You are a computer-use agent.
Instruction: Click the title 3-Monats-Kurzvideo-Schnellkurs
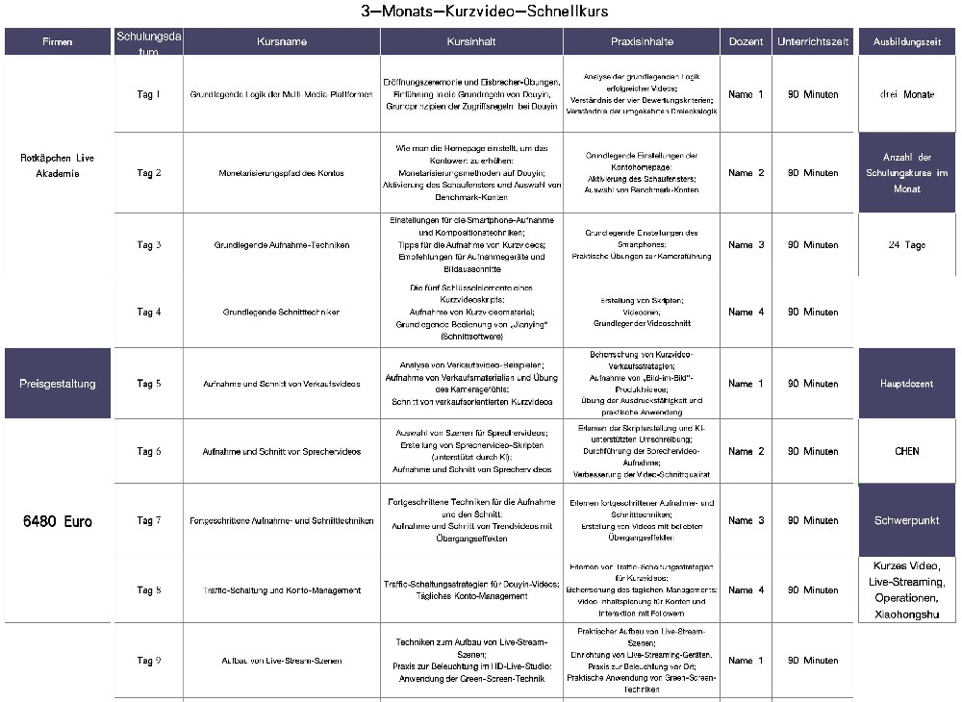pos(484,12)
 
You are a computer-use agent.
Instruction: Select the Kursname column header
pos(281,42)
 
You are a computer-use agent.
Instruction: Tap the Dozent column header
pos(746,42)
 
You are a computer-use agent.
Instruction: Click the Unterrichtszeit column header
pos(813,42)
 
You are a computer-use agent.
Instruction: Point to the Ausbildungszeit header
pos(906,42)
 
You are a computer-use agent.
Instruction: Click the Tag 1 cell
pos(148,94)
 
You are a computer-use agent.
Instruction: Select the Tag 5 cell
pos(148,384)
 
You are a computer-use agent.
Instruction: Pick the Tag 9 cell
pos(148,661)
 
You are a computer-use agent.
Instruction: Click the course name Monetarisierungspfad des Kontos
pos(281,173)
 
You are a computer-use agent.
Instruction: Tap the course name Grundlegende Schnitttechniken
pos(281,313)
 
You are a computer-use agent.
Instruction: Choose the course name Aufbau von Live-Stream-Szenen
pos(281,661)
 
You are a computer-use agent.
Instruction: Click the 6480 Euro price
pos(58,522)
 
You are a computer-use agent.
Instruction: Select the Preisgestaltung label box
pos(58,384)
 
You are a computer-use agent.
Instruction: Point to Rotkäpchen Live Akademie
pos(58,165)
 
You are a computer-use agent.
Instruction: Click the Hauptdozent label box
pos(906,384)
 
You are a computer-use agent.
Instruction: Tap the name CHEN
pos(906,451)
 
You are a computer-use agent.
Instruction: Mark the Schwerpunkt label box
pos(906,520)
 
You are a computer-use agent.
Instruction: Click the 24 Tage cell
pos(906,245)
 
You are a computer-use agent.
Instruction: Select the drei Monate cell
pos(906,95)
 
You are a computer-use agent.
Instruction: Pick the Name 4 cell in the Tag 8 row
pos(746,590)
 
